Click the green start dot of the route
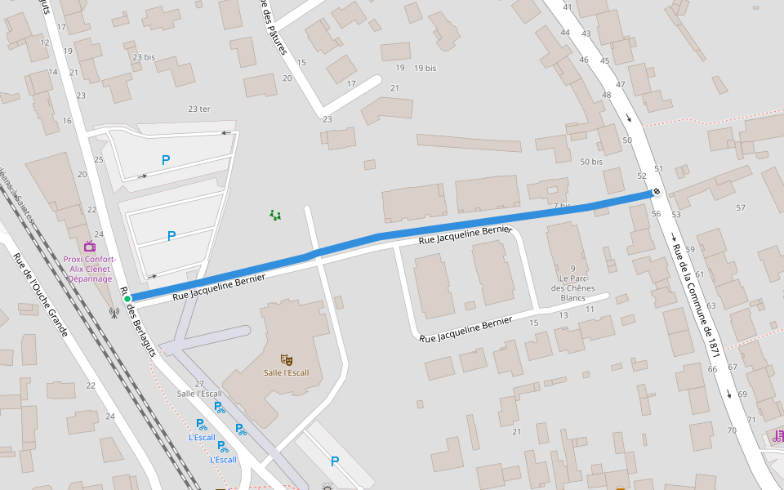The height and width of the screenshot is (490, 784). (x=127, y=299)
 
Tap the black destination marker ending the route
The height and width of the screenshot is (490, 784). (x=656, y=192)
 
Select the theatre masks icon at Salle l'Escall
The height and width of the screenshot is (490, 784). (x=286, y=359)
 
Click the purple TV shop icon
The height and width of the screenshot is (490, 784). (x=89, y=246)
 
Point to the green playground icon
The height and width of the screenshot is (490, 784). (x=276, y=216)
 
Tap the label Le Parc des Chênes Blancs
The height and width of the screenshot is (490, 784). (x=573, y=283)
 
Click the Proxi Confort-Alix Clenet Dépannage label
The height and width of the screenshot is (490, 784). (x=90, y=269)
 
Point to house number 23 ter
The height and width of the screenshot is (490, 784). (x=198, y=109)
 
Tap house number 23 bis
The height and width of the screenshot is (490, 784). (x=143, y=57)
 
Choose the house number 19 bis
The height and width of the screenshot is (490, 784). (x=425, y=68)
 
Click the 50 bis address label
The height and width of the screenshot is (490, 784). (x=590, y=162)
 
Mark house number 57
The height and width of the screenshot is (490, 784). (x=741, y=207)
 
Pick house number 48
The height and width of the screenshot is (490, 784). (x=606, y=95)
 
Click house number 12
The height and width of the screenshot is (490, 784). (x=45, y=42)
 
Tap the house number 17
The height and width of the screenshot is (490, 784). (x=351, y=83)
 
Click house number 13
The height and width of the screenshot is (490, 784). (x=563, y=314)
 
